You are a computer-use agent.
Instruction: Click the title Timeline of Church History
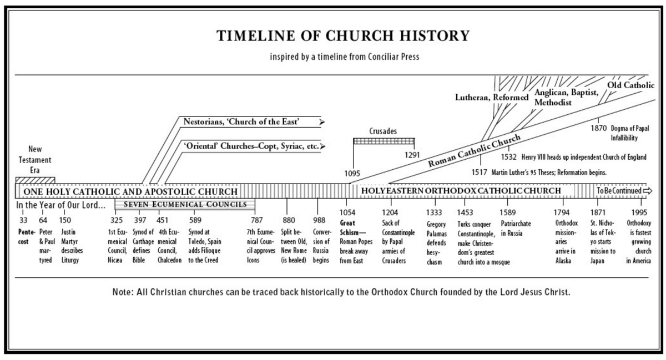click(343, 36)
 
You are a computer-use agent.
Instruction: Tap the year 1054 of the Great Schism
click(347, 212)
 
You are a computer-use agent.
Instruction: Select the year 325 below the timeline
click(116, 220)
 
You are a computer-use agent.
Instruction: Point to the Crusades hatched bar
click(384, 141)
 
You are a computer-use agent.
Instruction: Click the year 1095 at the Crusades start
click(352, 173)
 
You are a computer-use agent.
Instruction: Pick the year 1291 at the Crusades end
click(412, 155)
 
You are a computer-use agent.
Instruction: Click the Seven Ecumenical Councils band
click(185, 205)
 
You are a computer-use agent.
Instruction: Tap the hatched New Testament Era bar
click(35, 180)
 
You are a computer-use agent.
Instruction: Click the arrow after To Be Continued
click(648, 191)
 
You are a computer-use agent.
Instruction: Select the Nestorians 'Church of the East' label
click(241, 121)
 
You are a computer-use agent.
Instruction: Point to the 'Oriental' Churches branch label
click(251, 146)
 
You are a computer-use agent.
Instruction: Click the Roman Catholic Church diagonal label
click(474, 150)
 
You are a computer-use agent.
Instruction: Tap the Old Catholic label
click(630, 85)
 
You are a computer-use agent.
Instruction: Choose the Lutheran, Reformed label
click(492, 98)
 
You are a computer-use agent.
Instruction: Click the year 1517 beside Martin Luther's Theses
click(480, 173)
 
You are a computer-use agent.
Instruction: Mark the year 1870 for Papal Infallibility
click(598, 128)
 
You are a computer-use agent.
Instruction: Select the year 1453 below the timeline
click(465, 212)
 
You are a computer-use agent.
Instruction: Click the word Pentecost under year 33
click(27, 237)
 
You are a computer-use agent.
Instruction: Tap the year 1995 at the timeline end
click(639, 212)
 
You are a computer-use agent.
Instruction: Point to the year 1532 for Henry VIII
click(509, 157)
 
